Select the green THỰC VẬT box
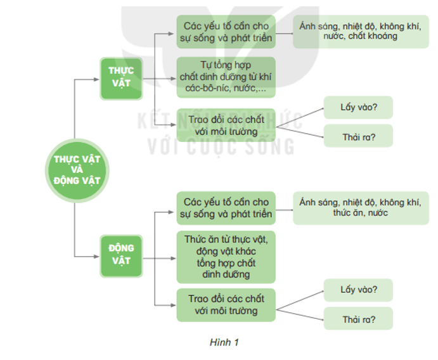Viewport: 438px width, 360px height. click(120, 78)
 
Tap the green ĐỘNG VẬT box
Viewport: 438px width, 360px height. click(120, 254)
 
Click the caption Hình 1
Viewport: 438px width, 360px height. click(224, 343)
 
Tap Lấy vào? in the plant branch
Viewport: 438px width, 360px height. click(359, 106)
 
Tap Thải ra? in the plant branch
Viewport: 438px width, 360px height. click(359, 136)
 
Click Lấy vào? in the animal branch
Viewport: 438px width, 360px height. click(359, 290)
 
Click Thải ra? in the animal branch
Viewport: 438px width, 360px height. click(359, 319)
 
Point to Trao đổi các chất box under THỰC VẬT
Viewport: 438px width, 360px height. click(226, 125)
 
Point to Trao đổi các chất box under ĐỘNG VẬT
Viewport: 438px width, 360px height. click(226, 305)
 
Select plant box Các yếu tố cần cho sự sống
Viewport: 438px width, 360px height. click(226, 32)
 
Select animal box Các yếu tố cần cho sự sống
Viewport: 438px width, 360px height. click(226, 208)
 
